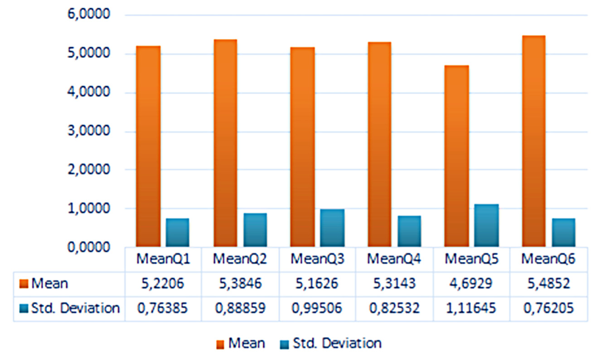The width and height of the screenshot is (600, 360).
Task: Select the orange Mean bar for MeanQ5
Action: point(457,156)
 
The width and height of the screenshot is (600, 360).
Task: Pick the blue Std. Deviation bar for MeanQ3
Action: point(332,228)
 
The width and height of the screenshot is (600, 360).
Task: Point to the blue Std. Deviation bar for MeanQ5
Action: point(486,226)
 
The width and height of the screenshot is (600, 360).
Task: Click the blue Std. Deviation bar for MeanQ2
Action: point(255,230)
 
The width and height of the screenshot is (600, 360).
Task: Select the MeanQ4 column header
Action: point(394,259)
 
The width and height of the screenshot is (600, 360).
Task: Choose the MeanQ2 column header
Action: point(240,259)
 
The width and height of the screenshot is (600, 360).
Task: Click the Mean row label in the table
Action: point(49,284)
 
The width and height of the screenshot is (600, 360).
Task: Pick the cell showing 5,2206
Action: point(163,284)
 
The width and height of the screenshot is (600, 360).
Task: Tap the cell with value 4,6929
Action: point(471,284)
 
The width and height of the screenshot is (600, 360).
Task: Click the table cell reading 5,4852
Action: point(548,284)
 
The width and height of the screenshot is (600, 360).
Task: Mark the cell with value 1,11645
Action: point(471,308)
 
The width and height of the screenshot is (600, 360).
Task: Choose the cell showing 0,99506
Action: point(317,308)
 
